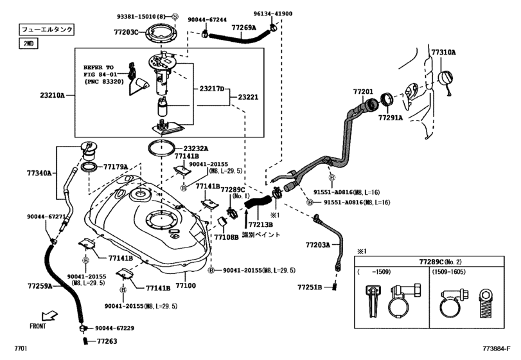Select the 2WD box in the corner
coord(28,43)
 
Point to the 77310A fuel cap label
coord(443,52)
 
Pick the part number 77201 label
coord(363,93)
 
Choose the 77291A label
coord(390,118)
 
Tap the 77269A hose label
coord(244,28)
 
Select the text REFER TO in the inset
coord(98,66)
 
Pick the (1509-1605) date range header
coord(448,272)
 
